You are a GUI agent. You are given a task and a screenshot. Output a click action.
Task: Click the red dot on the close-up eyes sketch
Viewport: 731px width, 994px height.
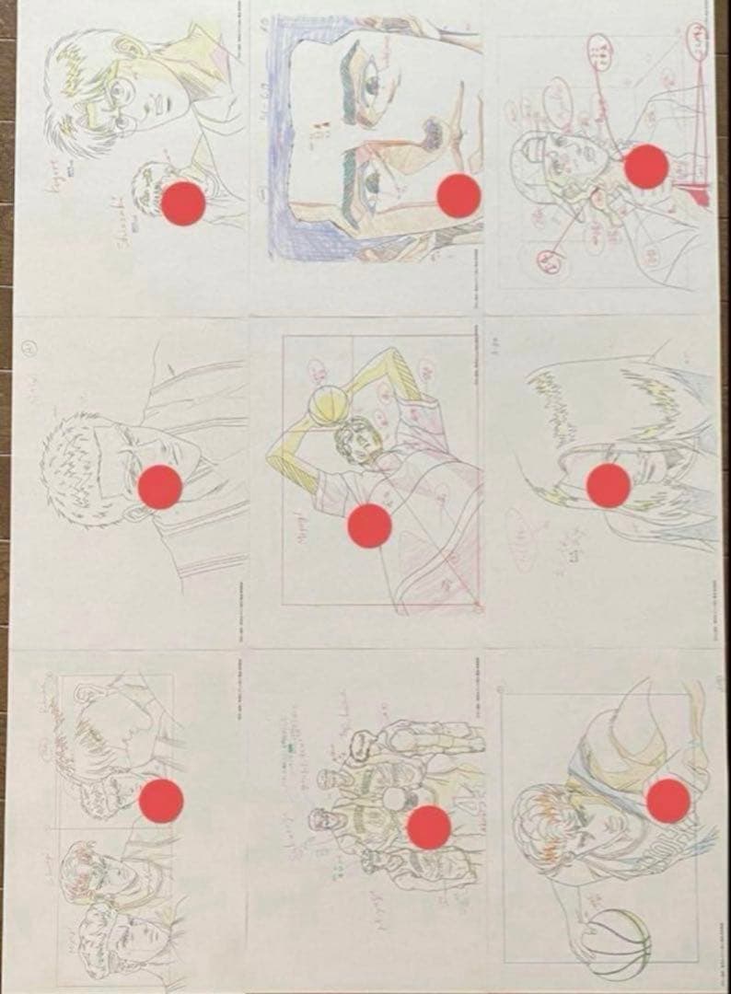pyautogui.click(x=458, y=195)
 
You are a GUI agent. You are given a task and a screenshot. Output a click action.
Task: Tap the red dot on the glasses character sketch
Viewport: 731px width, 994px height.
pyautogui.click(x=183, y=202)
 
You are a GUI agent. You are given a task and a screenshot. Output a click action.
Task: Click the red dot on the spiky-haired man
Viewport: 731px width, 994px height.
pyautogui.click(x=160, y=487)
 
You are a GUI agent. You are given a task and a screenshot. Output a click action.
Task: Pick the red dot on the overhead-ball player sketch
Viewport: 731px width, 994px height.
pyautogui.click(x=370, y=526)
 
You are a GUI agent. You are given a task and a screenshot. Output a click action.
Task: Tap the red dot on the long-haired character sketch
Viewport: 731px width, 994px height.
pyautogui.click(x=608, y=485)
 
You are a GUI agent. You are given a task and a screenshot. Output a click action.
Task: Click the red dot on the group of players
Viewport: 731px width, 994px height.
pyautogui.click(x=428, y=826)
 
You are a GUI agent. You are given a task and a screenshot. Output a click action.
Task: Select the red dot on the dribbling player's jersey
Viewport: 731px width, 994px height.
pyautogui.click(x=667, y=801)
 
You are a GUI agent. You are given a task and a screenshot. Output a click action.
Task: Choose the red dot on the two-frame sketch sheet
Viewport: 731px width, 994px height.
pyautogui.click(x=161, y=801)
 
